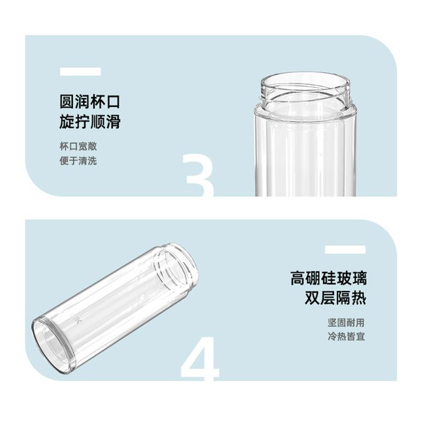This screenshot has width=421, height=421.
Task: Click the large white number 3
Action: click(x=199, y=175)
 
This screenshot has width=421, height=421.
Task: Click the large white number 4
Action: click(x=200, y=358)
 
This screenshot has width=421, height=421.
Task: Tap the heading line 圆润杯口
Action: click(x=90, y=102)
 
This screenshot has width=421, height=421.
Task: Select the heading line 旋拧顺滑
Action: click(x=90, y=122)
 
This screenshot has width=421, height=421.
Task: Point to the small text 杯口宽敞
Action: click(x=78, y=146)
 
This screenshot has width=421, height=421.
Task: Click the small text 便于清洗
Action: click(x=78, y=161)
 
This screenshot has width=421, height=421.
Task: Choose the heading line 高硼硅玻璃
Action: click(x=329, y=278)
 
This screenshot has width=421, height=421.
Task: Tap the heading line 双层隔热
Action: click(x=336, y=298)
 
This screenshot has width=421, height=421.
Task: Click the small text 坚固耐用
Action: click(x=346, y=322)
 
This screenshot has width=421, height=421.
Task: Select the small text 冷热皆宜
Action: click(x=346, y=336)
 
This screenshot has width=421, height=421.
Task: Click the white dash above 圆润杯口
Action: click(x=80, y=72)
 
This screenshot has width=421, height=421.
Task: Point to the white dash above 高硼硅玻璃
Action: click(x=346, y=249)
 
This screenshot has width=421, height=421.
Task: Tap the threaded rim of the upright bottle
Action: click(x=305, y=89)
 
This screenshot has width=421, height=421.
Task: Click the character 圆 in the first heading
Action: click(x=67, y=102)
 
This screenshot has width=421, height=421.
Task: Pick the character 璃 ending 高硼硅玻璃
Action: click(x=359, y=278)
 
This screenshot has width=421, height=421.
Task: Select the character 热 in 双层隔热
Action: click(x=359, y=298)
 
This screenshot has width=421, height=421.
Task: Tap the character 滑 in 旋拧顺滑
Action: click(x=112, y=122)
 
